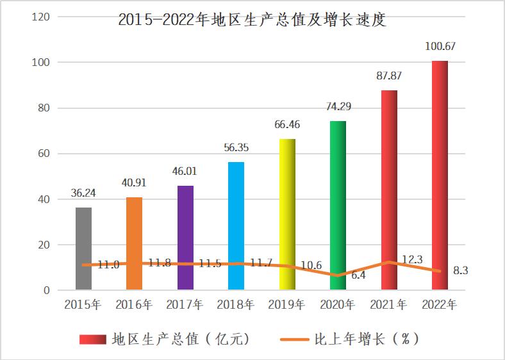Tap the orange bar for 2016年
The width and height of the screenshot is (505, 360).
point(134,243)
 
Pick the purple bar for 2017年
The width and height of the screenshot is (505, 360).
point(185,238)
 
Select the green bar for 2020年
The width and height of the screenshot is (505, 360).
point(338,205)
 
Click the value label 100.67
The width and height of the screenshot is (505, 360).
point(440,47)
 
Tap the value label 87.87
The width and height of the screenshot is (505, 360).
point(389,76)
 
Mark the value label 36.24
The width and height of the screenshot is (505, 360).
point(83,193)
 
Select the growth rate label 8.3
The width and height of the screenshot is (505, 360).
point(460,271)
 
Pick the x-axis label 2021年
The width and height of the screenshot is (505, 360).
point(388,305)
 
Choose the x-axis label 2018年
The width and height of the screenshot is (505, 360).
point(236,305)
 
